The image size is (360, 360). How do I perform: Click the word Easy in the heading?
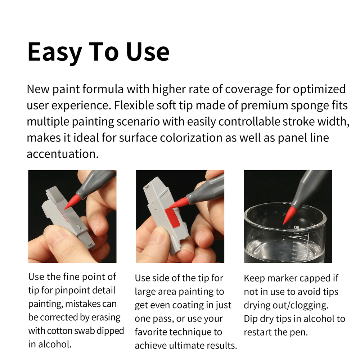[x=54, y=52]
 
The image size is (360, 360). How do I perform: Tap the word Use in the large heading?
[x=148, y=52]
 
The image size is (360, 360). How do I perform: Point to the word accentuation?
[x=62, y=154]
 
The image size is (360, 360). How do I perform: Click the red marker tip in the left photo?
[x=72, y=201]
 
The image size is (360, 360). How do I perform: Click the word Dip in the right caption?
[x=251, y=319]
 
